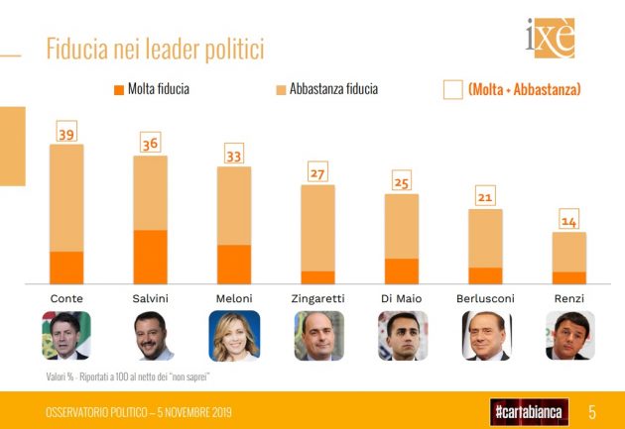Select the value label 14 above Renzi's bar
(x=568, y=221)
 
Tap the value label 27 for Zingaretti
(x=317, y=174)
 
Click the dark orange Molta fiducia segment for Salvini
(x=150, y=257)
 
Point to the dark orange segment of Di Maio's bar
(x=401, y=271)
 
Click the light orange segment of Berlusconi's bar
(x=485, y=239)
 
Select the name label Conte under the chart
(x=66, y=298)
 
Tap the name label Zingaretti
(x=317, y=298)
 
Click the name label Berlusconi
(x=485, y=298)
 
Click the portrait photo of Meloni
(x=234, y=336)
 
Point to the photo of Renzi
(x=569, y=336)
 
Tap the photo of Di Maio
(x=402, y=336)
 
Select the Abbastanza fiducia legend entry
(x=326, y=89)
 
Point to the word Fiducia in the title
(x=79, y=49)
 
